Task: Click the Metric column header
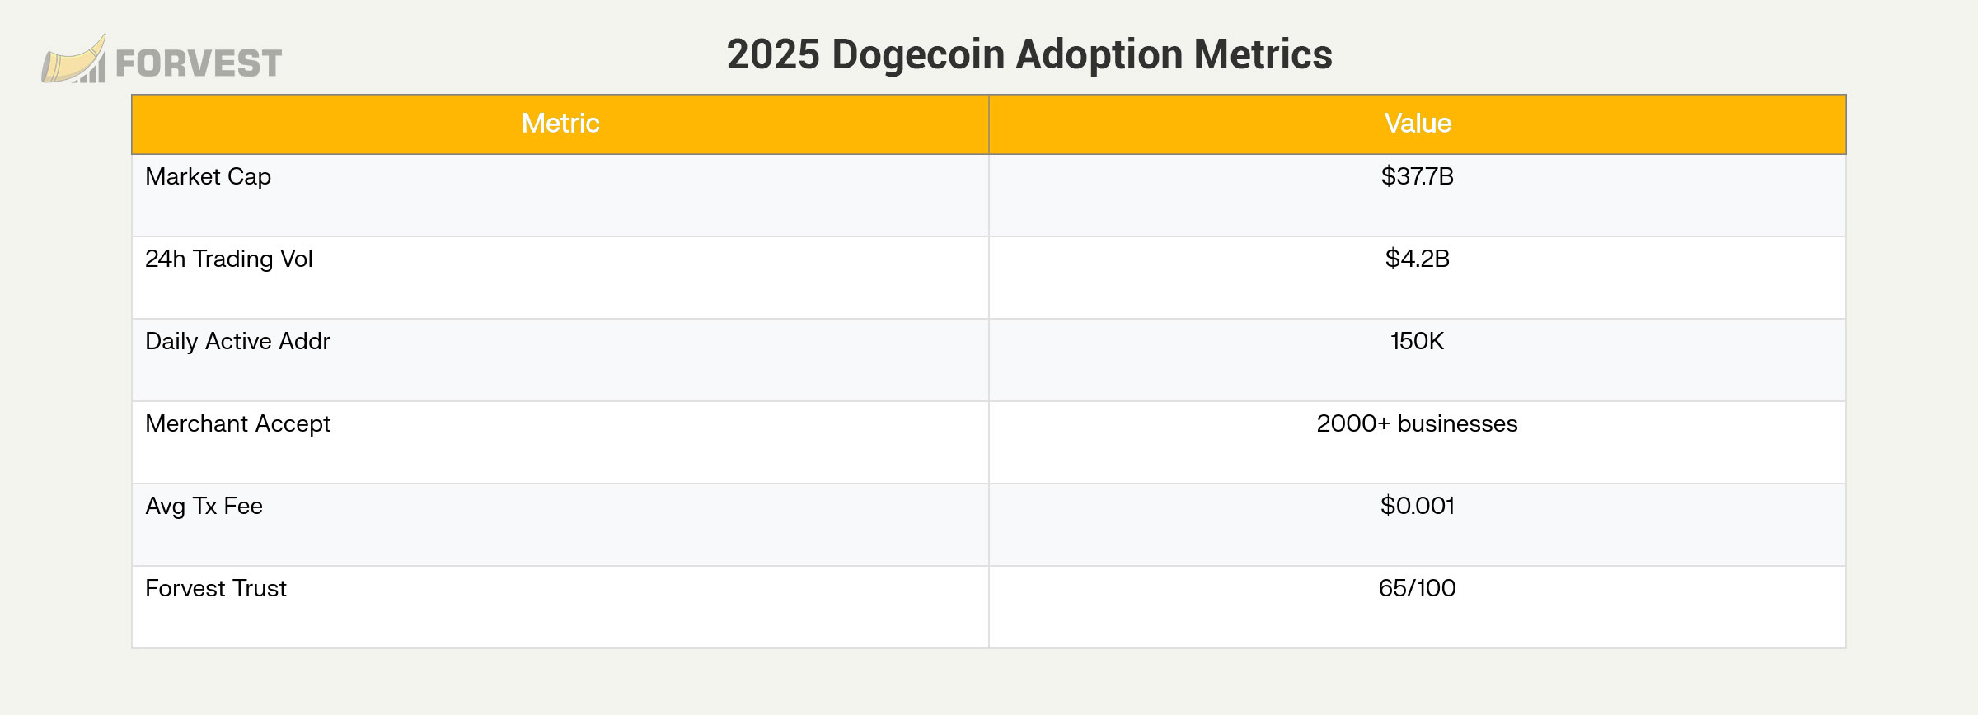click(560, 124)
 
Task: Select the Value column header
click(1417, 124)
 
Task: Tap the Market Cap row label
click(208, 176)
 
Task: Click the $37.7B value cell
click(1417, 176)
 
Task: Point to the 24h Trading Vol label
click(228, 259)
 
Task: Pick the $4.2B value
click(1417, 259)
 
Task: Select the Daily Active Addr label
click(237, 341)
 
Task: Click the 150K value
click(1417, 341)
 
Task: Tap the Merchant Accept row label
click(237, 423)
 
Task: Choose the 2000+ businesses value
click(1417, 423)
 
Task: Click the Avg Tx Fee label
click(204, 506)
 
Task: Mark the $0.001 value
click(1417, 506)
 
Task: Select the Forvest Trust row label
click(215, 588)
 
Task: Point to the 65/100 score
click(1417, 588)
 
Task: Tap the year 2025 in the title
click(773, 55)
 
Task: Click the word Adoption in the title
click(1099, 55)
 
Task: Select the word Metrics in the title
click(1263, 55)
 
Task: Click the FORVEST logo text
click(199, 63)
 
